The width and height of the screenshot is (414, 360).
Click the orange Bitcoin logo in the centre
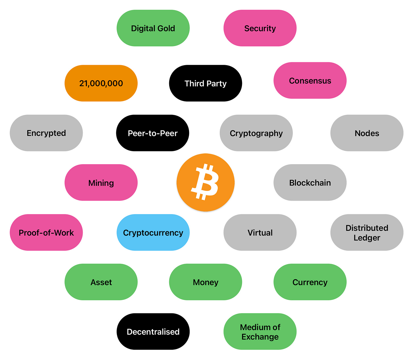[x=206, y=182]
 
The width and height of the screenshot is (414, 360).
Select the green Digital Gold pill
[x=153, y=28]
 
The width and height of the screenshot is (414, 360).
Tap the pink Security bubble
[x=260, y=28]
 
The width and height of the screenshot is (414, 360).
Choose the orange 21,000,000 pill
[x=101, y=83]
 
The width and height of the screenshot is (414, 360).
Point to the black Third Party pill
[x=205, y=83]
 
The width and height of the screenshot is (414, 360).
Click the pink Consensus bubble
[x=310, y=81]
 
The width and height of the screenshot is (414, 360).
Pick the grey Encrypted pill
[x=46, y=133]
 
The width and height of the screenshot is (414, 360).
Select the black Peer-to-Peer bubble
[x=153, y=133]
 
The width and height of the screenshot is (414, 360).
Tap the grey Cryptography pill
[x=256, y=133]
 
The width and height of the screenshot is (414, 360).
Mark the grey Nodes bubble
[x=367, y=133]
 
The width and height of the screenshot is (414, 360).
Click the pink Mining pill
[x=101, y=182]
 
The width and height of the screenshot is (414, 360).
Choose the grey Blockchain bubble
[x=310, y=182]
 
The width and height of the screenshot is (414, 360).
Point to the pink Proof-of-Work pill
[x=46, y=233]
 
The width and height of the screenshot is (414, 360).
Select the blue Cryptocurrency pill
[x=153, y=233]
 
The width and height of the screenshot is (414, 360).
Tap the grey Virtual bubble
[x=260, y=233]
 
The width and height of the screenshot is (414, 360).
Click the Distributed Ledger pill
[x=367, y=233]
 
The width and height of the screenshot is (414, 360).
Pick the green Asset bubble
[x=101, y=282]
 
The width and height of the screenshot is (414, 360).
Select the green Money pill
[x=205, y=282]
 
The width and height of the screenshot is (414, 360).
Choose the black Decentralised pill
[x=153, y=332]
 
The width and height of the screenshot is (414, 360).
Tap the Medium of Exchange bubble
[x=260, y=332]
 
